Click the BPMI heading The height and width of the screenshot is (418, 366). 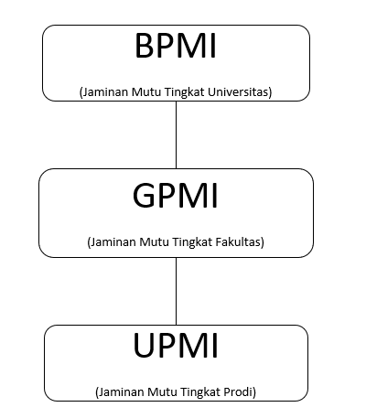[176, 46]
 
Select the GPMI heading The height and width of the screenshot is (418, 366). [176, 195]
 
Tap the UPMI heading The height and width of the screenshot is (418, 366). [176, 345]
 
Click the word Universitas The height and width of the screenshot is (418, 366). [240, 91]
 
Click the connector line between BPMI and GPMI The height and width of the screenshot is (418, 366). [176, 134]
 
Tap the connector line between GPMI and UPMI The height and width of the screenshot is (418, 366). [176, 291]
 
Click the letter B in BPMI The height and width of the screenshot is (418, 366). [144, 46]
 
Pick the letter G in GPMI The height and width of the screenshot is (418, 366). [144, 195]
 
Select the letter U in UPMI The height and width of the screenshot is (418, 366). [144, 345]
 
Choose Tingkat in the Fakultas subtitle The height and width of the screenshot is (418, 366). [192, 242]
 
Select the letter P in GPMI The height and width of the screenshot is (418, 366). [167, 195]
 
